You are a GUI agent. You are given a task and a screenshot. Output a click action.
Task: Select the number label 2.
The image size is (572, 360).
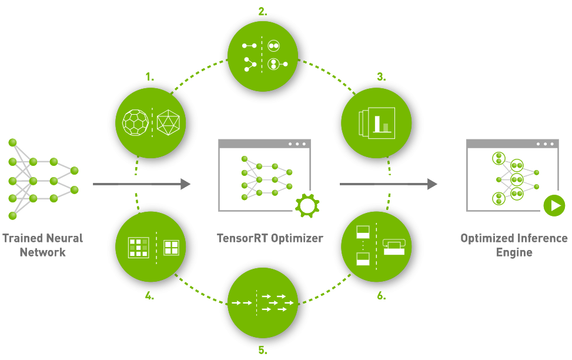262,11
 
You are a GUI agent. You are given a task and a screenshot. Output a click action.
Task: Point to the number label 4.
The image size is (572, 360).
149,296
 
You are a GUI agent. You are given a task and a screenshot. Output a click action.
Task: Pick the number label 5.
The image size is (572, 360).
262,350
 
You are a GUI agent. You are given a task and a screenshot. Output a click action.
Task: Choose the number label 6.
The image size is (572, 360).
381,296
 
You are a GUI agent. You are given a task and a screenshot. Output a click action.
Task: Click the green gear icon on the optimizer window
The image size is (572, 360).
307,205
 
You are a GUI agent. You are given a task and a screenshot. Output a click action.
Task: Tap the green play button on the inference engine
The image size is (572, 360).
554,205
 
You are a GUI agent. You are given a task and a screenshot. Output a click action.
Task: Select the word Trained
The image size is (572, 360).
23,238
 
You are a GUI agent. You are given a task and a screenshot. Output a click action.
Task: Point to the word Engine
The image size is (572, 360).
513,252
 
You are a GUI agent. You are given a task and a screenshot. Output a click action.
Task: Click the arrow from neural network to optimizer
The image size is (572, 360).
141,184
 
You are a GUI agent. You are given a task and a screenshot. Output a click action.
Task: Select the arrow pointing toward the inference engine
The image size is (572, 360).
388,184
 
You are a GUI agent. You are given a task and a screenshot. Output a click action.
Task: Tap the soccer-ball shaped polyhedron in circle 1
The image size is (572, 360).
135,122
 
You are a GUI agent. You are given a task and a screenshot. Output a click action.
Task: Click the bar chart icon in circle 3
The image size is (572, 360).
379,123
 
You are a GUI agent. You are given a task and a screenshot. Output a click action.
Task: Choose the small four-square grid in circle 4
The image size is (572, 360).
171,248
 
